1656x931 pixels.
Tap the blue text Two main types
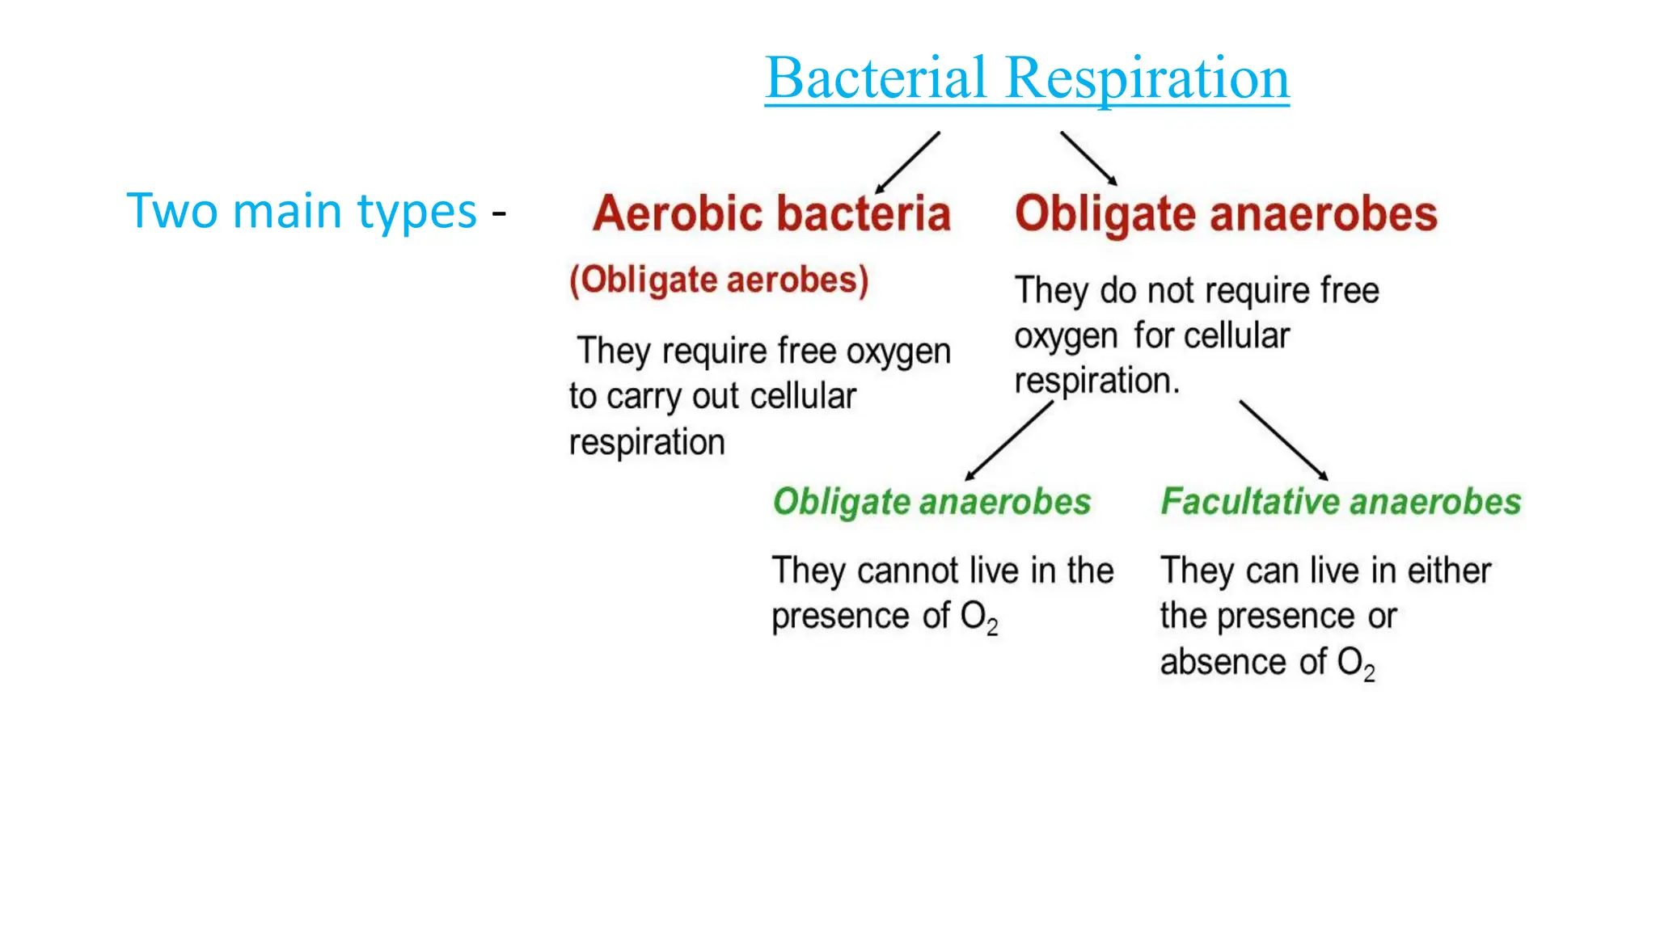click(301, 211)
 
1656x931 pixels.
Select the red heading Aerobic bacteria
click(771, 213)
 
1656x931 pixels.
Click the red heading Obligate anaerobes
click(1226, 213)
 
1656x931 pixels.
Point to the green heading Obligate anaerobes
click(931, 502)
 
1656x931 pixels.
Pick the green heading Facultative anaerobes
click(1341, 502)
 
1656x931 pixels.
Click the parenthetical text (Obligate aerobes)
click(719, 280)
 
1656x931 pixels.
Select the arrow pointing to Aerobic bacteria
click(908, 162)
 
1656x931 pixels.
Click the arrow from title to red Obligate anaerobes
click(1088, 158)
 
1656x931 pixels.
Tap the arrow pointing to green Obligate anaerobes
click(1009, 441)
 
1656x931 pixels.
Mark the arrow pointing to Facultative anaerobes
click(1283, 440)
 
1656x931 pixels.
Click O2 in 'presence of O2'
click(978, 617)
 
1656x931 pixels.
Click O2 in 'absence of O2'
click(1355, 663)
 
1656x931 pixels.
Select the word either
click(1449, 571)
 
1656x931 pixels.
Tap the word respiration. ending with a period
click(1097, 381)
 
